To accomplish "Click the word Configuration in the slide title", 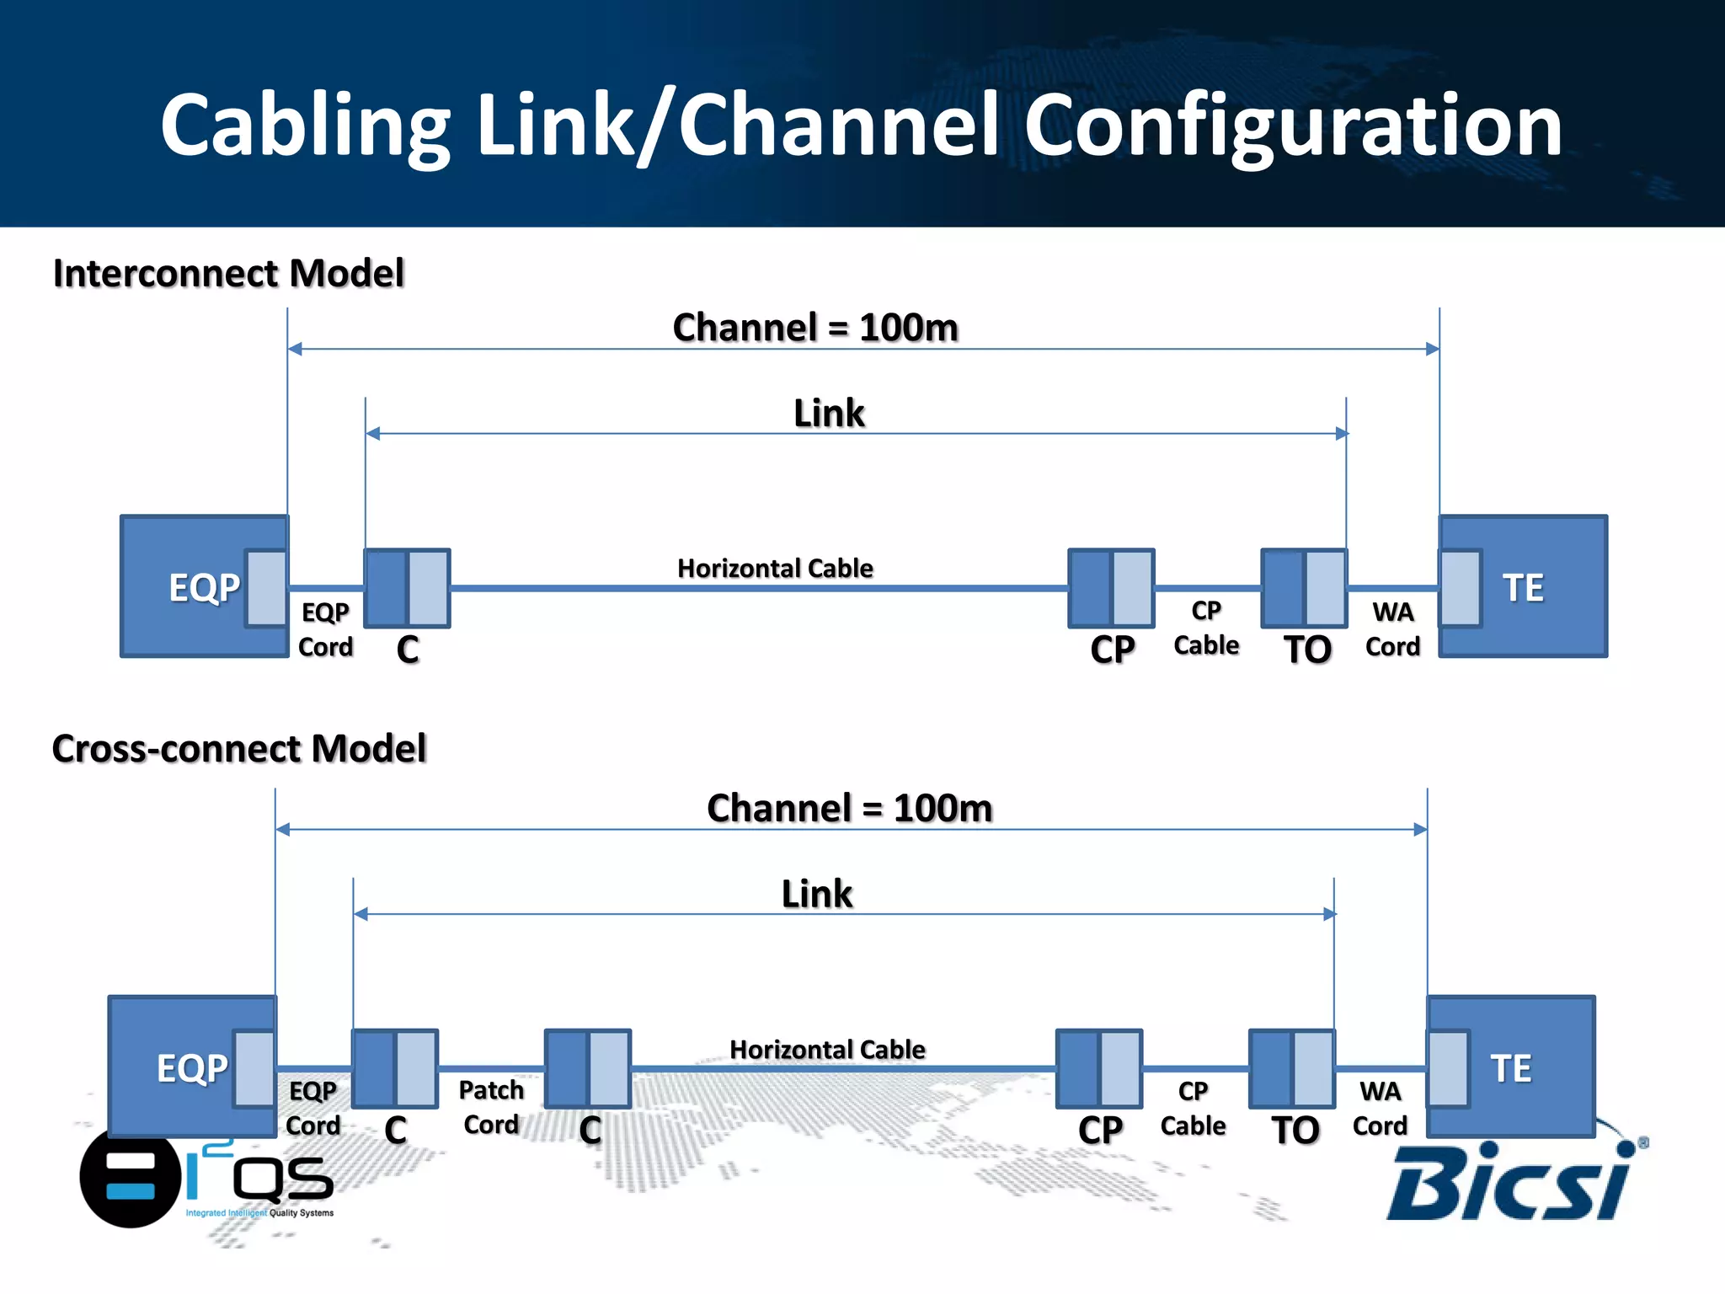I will coord(1293,126).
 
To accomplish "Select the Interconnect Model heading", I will coord(228,273).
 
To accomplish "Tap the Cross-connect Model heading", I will coord(239,748).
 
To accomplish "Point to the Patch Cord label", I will coord(491,1107).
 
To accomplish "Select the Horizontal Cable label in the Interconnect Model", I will coord(775,568).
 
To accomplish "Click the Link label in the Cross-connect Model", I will coord(816,893).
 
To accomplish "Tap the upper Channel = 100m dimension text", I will coord(815,327).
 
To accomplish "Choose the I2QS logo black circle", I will coord(130,1178).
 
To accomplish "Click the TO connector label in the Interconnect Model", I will coord(1307,650).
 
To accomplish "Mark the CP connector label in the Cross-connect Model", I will coord(1100,1130).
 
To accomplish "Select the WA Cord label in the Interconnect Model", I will coord(1392,628).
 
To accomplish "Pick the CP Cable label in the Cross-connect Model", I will coord(1193,1108).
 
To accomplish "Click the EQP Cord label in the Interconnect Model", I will coord(325,628).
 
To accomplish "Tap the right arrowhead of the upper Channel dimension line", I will coord(1432,349).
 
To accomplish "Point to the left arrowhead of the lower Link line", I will coord(360,914).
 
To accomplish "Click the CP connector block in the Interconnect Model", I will coord(1111,588).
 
